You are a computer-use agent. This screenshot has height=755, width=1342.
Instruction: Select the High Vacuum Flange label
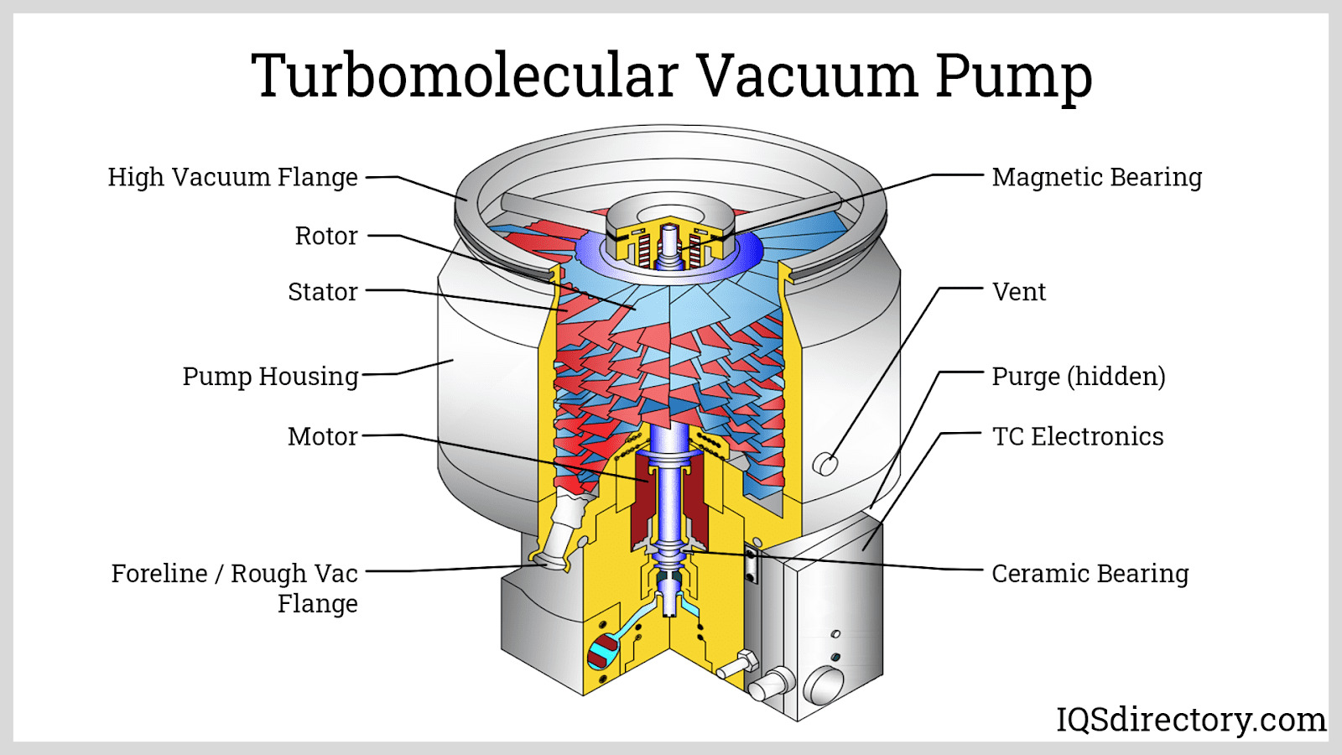(232, 177)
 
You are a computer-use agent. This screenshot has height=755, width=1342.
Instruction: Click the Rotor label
(325, 236)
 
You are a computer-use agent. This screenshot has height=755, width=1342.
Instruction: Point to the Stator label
(322, 292)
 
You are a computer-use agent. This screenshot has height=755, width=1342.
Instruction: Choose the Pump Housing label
(270, 376)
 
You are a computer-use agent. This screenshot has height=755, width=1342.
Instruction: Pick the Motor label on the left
(322, 436)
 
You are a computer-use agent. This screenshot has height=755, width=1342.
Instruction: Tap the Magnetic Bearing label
(1097, 177)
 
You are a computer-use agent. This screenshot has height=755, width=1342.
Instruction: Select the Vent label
(1018, 292)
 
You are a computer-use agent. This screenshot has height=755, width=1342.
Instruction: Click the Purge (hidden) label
(1079, 376)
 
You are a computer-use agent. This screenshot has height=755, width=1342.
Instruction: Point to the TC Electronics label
(1078, 436)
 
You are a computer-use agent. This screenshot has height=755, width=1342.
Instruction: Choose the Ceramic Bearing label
(1090, 574)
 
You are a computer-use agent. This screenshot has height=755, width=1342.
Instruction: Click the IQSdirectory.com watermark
(1190, 720)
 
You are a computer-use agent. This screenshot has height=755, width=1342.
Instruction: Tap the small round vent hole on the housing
(825, 464)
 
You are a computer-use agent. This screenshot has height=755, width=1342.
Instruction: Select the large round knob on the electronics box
(824, 684)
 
